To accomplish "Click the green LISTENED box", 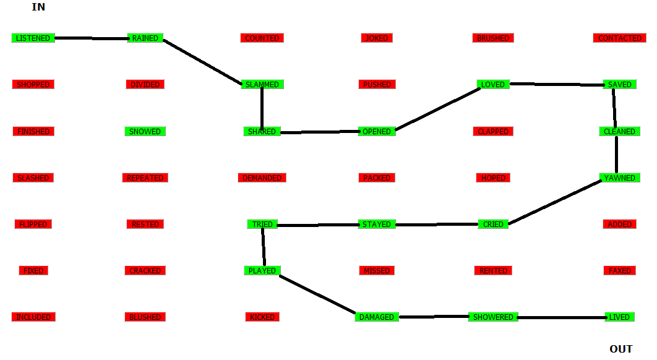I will pos(33,38).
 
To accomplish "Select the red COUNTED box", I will pos(262,38).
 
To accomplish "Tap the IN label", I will pos(38,7).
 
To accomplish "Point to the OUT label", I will pos(621,349).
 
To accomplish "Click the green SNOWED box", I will pos(145,132).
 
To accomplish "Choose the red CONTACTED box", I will pos(620,38).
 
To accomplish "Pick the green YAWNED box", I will pos(619,178).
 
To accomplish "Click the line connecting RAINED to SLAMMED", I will pos(202,62).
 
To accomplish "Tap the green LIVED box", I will pos(619,317).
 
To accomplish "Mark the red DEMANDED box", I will pos(262,178).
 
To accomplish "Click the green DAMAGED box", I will pos(377,317).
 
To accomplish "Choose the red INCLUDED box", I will pos(33,317).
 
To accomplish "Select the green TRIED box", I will pos(262,225).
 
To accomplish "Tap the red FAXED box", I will pos(619,271).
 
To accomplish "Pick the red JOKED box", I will pos(377,38).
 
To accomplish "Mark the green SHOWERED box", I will pos(493,317).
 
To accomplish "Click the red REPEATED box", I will pos(145,178).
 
